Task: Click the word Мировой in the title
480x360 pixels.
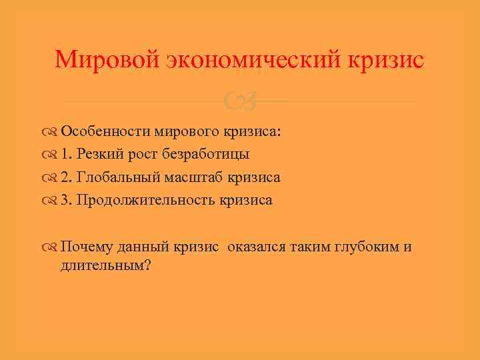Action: pos(106,60)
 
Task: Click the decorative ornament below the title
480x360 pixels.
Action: pos(239,102)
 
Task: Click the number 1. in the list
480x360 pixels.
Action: pos(67,155)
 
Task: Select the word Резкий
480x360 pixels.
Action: pos(97,155)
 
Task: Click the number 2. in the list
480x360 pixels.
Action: pos(67,177)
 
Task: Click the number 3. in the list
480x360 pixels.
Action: pos(67,200)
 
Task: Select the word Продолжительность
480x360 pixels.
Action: pos(147,200)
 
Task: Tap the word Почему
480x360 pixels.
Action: pos(84,247)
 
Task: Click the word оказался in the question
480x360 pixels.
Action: pos(256,247)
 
